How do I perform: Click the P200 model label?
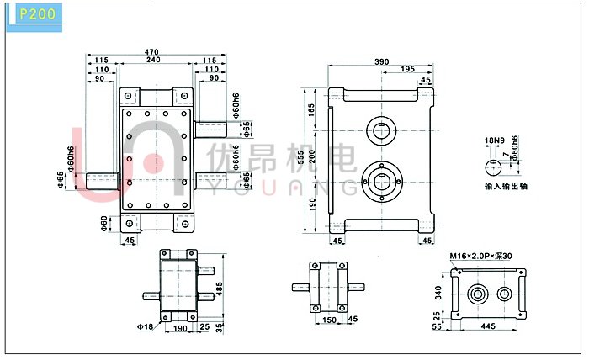(x=37, y=14)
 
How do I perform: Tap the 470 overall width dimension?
(x=151, y=52)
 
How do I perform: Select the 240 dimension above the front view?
(x=153, y=60)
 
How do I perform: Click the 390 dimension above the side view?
(x=382, y=61)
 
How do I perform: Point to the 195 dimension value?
(x=407, y=69)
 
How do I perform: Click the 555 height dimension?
(x=301, y=157)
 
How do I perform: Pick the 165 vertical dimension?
(x=311, y=110)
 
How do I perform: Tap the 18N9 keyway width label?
(x=495, y=140)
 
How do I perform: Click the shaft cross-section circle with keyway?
(x=493, y=167)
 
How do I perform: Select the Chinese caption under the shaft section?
(x=506, y=186)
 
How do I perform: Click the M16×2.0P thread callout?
(x=480, y=256)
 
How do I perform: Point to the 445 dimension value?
(x=488, y=326)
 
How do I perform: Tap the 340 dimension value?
(x=438, y=293)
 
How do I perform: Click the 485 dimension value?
(x=220, y=289)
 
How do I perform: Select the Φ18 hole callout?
(x=145, y=326)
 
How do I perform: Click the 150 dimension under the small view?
(x=330, y=320)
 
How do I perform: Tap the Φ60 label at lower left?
(x=104, y=224)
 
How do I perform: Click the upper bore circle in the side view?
(x=382, y=130)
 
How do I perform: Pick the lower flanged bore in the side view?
(x=382, y=182)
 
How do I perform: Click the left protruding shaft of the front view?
(x=103, y=182)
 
